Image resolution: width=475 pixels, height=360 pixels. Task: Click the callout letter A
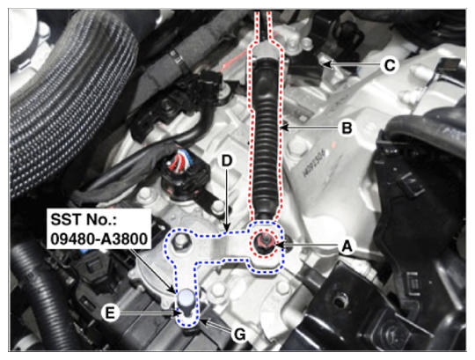click(347, 246)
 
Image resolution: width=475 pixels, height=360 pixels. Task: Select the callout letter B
click(347, 128)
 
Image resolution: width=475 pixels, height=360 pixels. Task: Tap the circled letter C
click(390, 65)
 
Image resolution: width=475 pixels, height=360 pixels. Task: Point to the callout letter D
click(227, 161)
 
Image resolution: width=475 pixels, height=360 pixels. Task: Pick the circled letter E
click(110, 312)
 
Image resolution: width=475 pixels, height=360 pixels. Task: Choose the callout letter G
click(240, 335)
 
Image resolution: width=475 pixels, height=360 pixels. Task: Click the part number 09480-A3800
click(99, 239)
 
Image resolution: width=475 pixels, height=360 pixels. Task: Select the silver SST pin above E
click(186, 299)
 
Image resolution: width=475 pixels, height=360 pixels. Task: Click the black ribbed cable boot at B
click(267, 139)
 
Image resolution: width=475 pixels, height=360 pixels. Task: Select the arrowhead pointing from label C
click(326, 64)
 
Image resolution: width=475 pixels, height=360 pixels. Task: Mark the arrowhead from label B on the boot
click(283, 128)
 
